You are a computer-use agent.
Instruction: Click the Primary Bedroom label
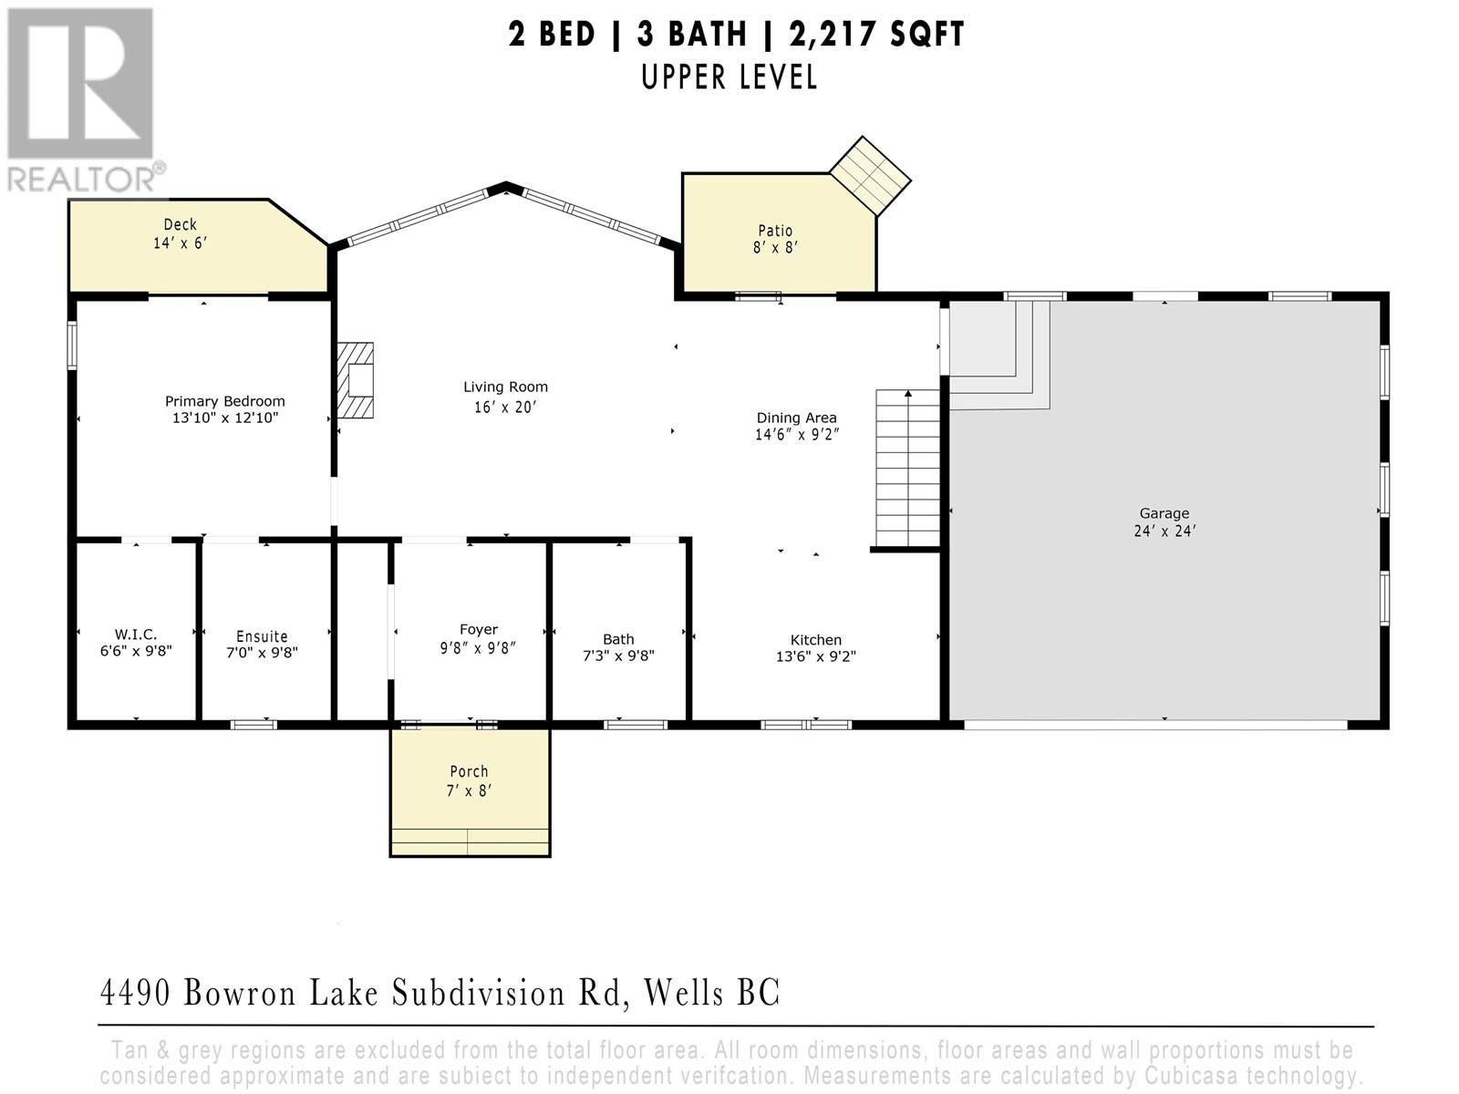(x=224, y=401)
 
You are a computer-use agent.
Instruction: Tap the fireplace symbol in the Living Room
(x=356, y=380)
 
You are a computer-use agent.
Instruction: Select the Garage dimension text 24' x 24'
(x=1164, y=531)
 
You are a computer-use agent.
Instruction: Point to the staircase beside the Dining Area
(x=907, y=467)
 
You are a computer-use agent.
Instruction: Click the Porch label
(x=469, y=771)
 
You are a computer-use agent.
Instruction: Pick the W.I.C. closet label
(x=136, y=635)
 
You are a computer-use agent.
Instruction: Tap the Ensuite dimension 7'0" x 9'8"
(x=262, y=653)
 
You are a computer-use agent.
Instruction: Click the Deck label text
(x=180, y=224)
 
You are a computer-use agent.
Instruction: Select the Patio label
(x=775, y=231)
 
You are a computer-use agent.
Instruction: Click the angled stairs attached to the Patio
(x=870, y=175)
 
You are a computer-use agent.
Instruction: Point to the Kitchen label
(x=815, y=640)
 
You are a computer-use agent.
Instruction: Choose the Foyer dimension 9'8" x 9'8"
(x=478, y=648)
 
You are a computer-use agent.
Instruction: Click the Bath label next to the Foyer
(x=618, y=639)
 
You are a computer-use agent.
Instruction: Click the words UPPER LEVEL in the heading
(x=729, y=77)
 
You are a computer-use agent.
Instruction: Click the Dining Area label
(x=796, y=418)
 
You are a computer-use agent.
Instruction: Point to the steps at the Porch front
(x=470, y=841)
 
